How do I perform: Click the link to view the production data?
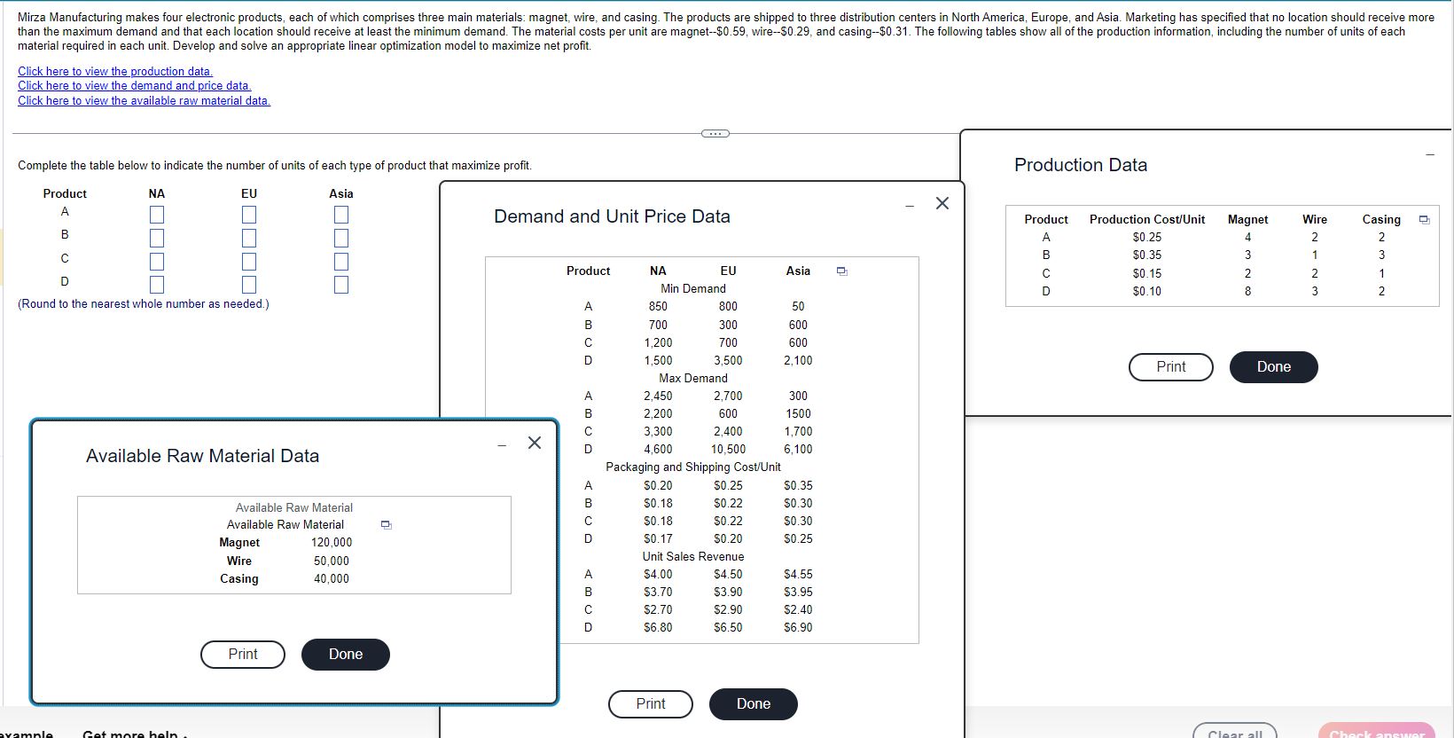115,71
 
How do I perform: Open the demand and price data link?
135,86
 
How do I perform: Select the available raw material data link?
144,100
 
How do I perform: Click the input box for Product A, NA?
157,215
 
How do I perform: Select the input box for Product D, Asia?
341,285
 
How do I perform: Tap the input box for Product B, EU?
249,238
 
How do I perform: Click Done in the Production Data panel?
1273,366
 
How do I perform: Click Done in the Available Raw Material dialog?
345,654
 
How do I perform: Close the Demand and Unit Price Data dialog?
942,203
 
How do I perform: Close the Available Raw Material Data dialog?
534,443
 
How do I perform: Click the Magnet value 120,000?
332,542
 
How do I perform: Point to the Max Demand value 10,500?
728,449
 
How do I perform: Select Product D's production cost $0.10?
1146,291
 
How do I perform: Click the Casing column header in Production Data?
1380,219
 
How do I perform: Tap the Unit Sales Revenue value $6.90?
798,627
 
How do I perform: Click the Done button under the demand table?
753,703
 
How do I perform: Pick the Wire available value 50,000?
332,561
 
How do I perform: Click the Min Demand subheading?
692,288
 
